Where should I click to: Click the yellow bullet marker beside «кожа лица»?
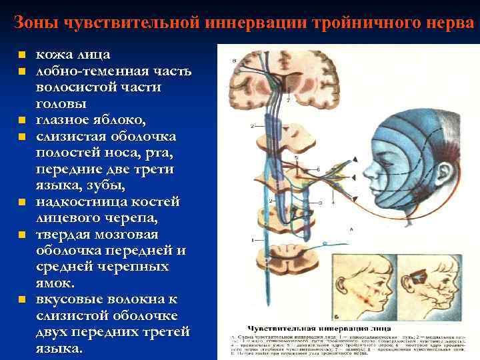point(22,55)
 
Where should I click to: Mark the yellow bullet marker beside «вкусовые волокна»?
point(22,300)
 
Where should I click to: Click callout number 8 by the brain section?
point(234,61)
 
